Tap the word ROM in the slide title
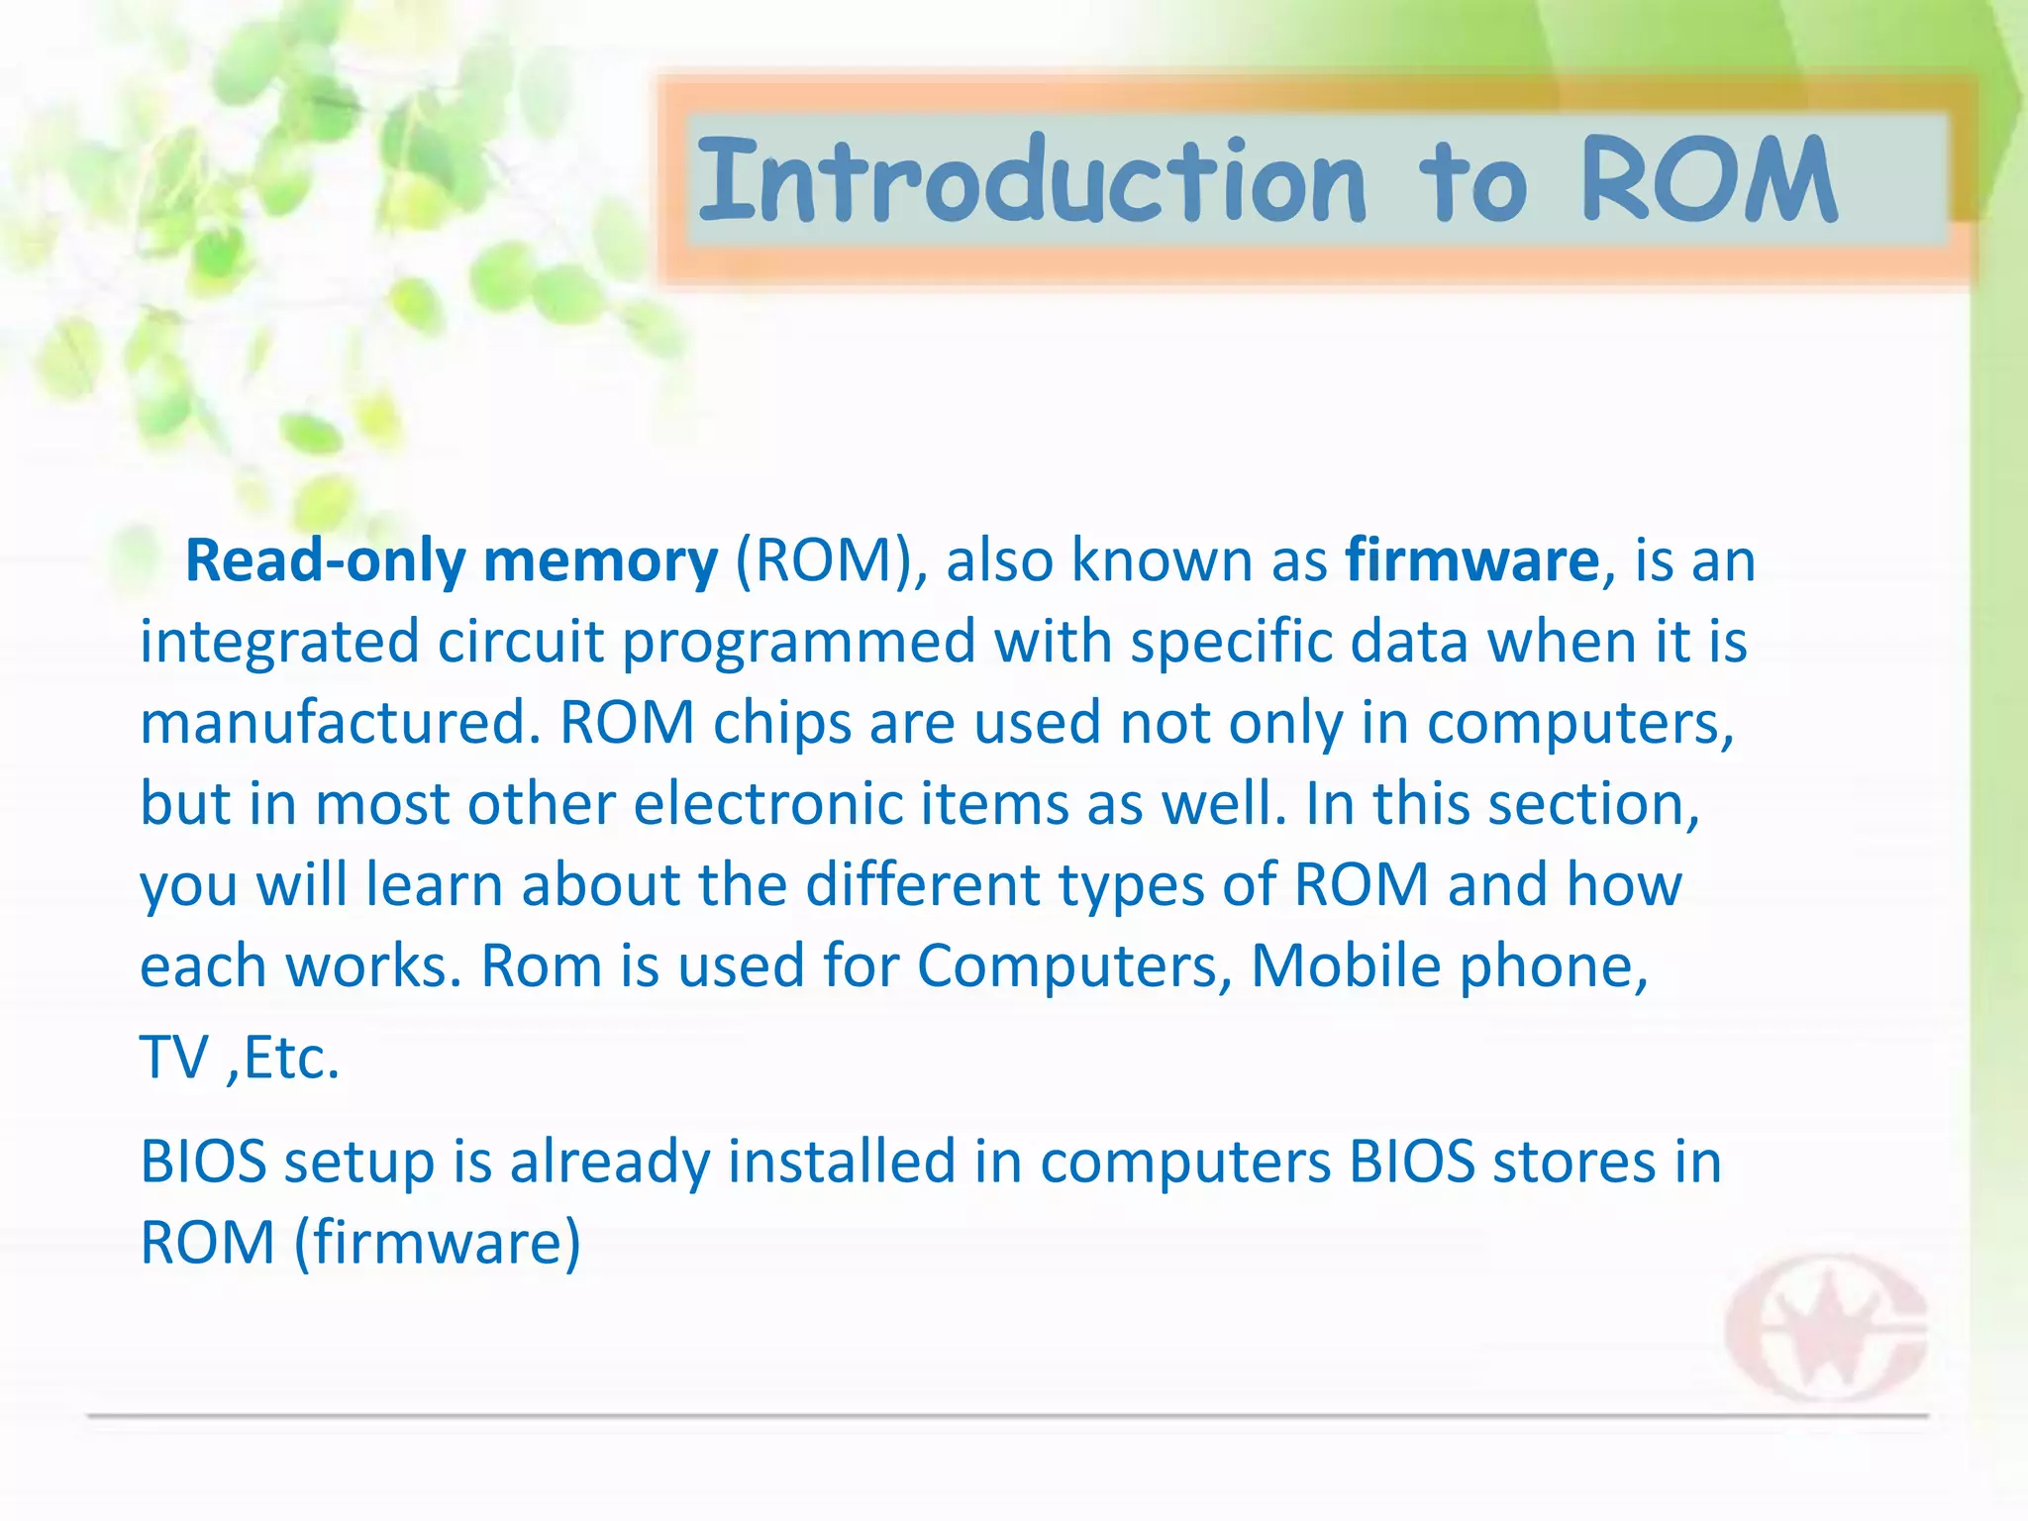(x=1709, y=180)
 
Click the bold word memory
(x=600, y=561)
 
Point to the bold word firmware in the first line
(x=1471, y=561)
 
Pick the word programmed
(x=798, y=643)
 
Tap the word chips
(x=782, y=724)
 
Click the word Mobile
(x=1347, y=966)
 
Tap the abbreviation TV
(x=174, y=1058)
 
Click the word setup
(x=358, y=1163)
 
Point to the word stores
(x=1574, y=1163)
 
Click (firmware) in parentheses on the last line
(x=438, y=1244)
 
